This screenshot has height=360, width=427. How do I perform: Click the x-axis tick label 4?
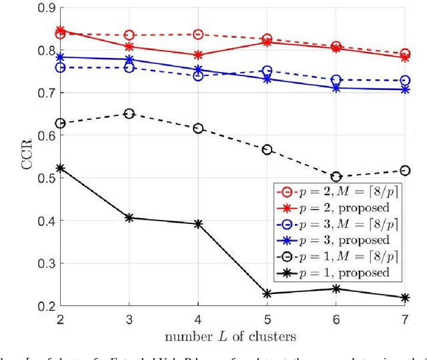(197, 320)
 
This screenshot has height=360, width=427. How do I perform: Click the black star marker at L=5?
(267, 293)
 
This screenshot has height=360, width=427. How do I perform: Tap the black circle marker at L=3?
(127, 114)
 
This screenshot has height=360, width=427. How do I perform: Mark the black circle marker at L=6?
(336, 177)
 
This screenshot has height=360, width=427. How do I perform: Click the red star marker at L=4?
(197, 55)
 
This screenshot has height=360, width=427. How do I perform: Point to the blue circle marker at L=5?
(267, 71)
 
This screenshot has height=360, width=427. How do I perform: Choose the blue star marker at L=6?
(336, 88)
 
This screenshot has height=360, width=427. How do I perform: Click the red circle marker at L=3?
(127, 35)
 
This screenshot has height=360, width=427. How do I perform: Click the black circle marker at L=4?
(197, 128)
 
